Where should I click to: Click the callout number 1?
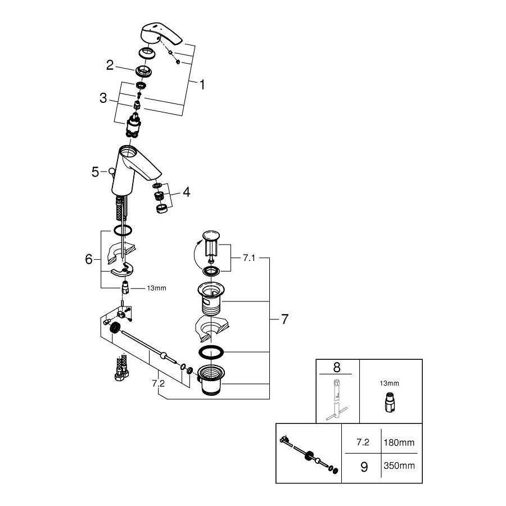202,85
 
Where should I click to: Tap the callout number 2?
110,65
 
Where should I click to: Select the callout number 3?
103,98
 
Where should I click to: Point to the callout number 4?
187,192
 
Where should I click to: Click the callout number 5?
95,172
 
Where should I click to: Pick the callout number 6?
89,259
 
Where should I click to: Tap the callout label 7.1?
249,258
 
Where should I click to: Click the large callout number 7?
284,319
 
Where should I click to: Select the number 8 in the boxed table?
337,367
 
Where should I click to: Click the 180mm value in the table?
399,442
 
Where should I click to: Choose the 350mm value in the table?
399,466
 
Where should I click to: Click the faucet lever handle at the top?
161,34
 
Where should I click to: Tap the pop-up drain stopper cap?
211,235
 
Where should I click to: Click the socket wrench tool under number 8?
337,399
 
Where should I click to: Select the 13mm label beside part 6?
156,288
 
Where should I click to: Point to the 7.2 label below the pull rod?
158,383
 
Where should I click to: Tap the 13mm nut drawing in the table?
390,403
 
